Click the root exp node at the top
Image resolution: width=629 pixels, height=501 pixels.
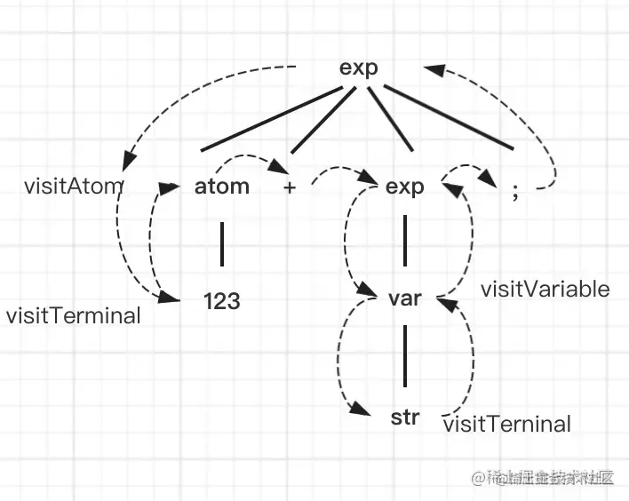(x=359, y=69)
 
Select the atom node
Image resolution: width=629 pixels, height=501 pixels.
(x=221, y=187)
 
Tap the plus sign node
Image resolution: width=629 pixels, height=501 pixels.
(x=290, y=188)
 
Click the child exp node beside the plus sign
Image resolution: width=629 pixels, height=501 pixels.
(x=405, y=187)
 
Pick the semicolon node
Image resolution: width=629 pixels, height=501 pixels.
(x=515, y=192)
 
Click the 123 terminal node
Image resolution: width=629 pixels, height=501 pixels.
(x=221, y=302)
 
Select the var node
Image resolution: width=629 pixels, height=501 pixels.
(x=405, y=298)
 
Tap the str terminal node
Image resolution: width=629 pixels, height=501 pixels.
(x=405, y=417)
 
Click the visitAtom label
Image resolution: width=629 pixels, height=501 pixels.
(x=74, y=187)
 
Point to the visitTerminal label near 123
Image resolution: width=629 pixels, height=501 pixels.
(x=74, y=315)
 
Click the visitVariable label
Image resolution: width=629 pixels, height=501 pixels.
(x=545, y=290)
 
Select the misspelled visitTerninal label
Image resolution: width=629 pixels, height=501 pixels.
(x=506, y=425)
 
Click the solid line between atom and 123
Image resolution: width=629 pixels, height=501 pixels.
(x=221, y=243)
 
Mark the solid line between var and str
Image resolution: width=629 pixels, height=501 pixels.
(x=405, y=355)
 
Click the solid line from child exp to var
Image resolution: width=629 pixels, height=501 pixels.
(x=405, y=242)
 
